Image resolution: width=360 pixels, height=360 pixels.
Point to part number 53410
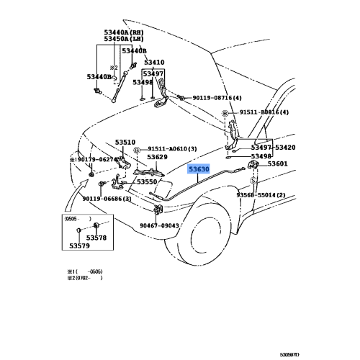click(x=153, y=63)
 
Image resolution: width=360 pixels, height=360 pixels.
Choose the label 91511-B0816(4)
click(x=260, y=113)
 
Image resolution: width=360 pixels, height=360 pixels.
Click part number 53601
click(x=278, y=164)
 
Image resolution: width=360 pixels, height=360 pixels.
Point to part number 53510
click(x=125, y=143)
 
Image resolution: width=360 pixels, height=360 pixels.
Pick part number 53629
click(x=158, y=156)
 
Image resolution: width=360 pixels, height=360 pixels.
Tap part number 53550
click(x=147, y=182)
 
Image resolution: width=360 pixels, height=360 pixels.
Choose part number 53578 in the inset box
click(x=96, y=238)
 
